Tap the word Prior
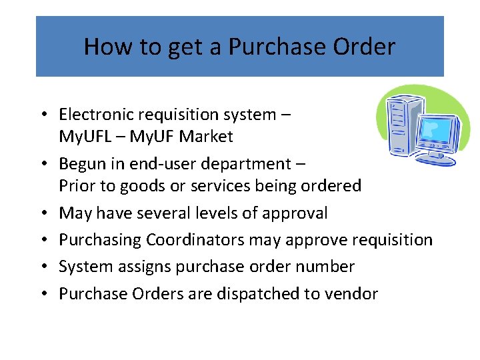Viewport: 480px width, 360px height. coord(77,186)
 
